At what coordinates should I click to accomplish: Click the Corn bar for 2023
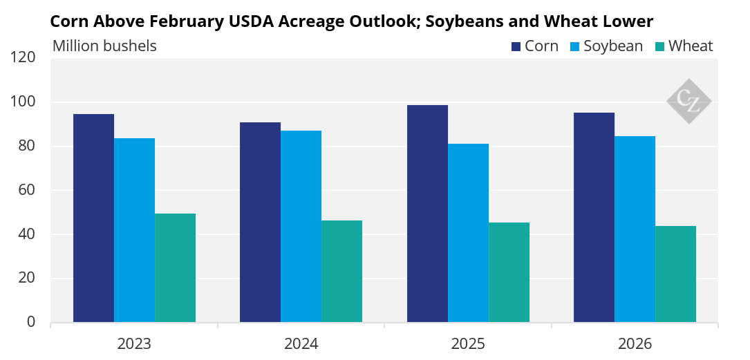click(x=93, y=218)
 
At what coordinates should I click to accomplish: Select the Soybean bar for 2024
click(x=301, y=226)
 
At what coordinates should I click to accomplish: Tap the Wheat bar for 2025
click(x=509, y=272)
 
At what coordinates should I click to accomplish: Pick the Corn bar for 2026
click(x=594, y=218)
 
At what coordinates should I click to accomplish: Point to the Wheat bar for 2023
click(x=175, y=267)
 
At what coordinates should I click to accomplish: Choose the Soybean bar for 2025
click(x=468, y=233)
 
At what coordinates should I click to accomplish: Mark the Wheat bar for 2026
click(x=675, y=274)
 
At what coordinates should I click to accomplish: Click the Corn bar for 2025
click(x=428, y=214)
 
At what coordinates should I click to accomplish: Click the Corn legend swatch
click(x=516, y=46)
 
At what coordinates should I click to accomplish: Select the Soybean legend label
click(x=613, y=46)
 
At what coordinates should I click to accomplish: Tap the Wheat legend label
click(x=691, y=46)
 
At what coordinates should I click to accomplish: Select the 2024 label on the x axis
click(x=301, y=343)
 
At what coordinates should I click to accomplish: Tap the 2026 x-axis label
click(x=635, y=343)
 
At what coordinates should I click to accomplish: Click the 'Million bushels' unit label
click(x=104, y=46)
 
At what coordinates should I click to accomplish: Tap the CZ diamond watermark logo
click(x=688, y=102)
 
